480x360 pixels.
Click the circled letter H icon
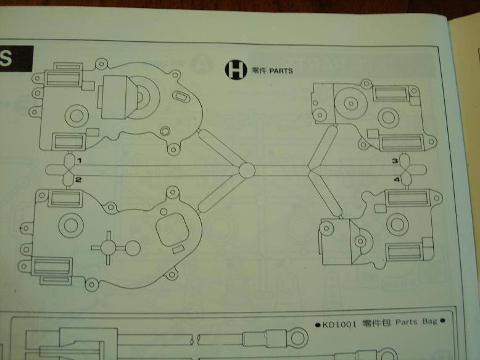[235, 70]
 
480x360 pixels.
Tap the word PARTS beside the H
[281, 72]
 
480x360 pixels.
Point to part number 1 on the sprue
[79, 161]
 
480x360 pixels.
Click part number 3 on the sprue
[395, 161]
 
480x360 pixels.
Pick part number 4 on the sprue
[397, 179]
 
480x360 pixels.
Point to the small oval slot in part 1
[183, 97]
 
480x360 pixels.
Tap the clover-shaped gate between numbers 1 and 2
[67, 170]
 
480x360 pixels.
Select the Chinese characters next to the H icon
[259, 72]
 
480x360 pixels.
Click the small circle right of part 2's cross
[131, 248]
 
